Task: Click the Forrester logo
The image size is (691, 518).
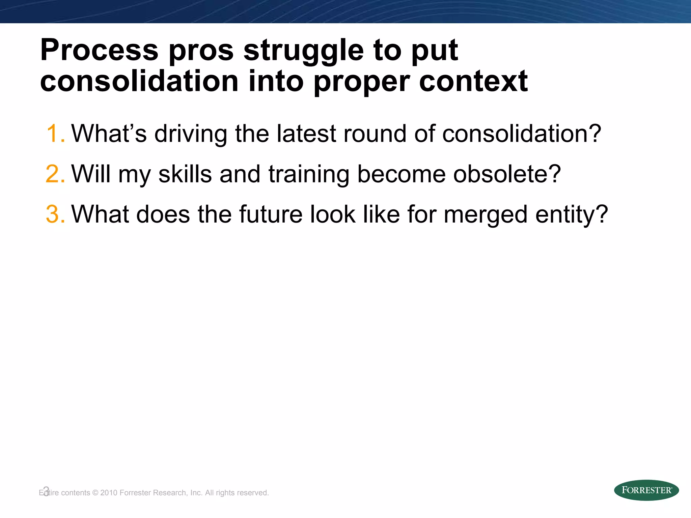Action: pyautogui.click(x=646, y=490)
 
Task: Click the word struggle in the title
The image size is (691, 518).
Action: pyautogui.click(x=303, y=51)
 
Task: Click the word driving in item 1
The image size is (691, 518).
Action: pyautogui.click(x=191, y=134)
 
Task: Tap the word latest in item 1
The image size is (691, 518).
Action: pyautogui.click(x=306, y=134)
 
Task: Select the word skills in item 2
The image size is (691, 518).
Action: pyautogui.click(x=185, y=174)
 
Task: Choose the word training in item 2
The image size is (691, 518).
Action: pyautogui.click(x=309, y=174)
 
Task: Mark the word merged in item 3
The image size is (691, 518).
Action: pyautogui.click(x=485, y=215)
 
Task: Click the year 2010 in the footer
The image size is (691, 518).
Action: pyautogui.click(x=109, y=493)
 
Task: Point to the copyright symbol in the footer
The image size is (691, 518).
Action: pyautogui.click(x=95, y=493)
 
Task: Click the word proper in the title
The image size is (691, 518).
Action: pyautogui.click(x=361, y=82)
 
